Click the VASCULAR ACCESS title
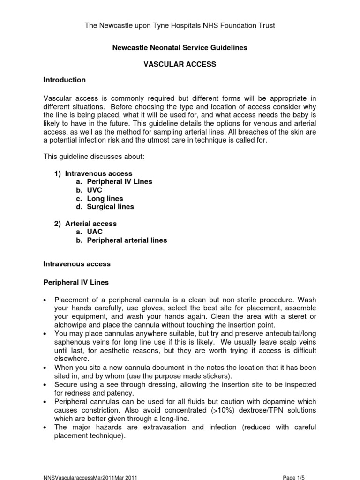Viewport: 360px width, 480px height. (180, 64)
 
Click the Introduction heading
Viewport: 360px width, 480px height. (64, 80)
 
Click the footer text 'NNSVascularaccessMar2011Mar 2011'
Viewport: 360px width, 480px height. (90, 477)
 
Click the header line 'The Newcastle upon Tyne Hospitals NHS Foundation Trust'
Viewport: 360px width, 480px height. (180, 25)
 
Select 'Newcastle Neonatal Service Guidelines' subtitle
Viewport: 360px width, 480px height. (180, 48)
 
